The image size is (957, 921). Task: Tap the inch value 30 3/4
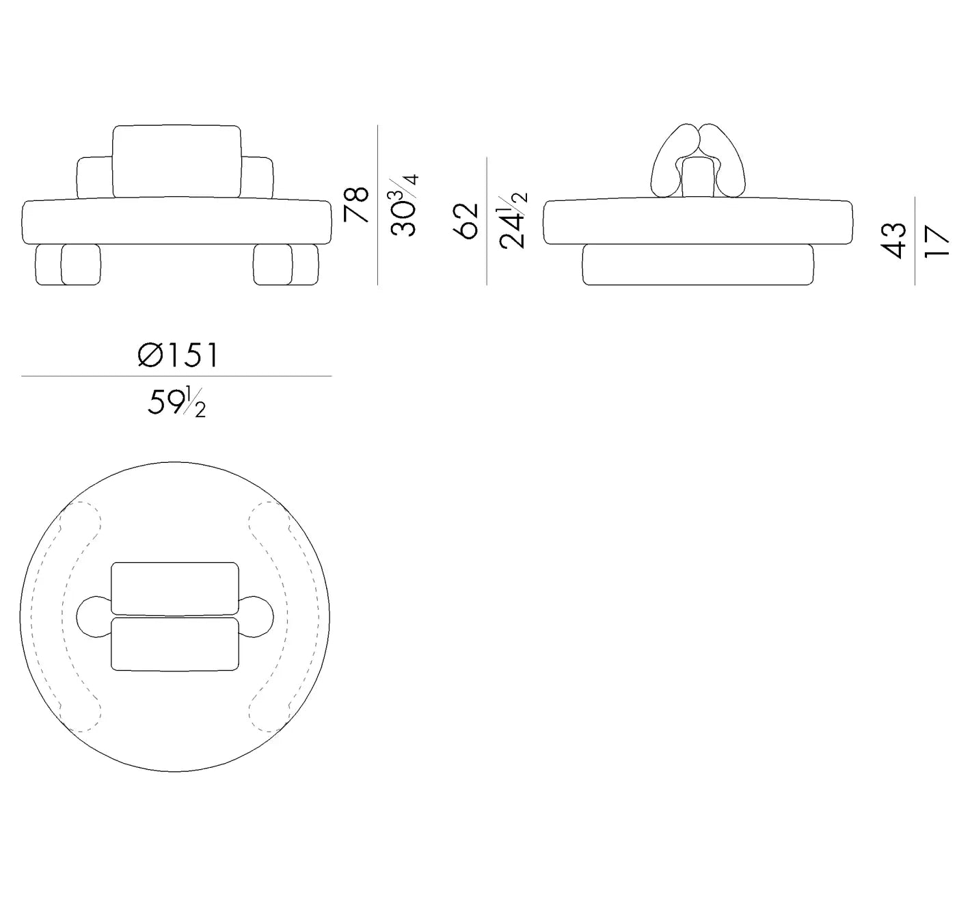(x=404, y=205)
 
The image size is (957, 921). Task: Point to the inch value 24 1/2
(x=513, y=220)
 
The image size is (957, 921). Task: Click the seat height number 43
(x=895, y=241)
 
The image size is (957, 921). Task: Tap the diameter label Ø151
(x=178, y=356)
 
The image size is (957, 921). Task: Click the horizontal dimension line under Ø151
(x=176, y=376)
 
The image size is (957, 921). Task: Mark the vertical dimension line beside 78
(x=378, y=205)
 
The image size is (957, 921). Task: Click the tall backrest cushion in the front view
(x=177, y=161)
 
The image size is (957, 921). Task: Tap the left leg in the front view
(x=68, y=264)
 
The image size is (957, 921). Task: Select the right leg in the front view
(x=286, y=264)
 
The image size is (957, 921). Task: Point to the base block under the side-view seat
(x=698, y=265)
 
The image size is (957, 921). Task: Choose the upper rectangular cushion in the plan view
(x=175, y=588)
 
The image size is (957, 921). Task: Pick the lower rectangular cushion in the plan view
(x=175, y=644)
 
